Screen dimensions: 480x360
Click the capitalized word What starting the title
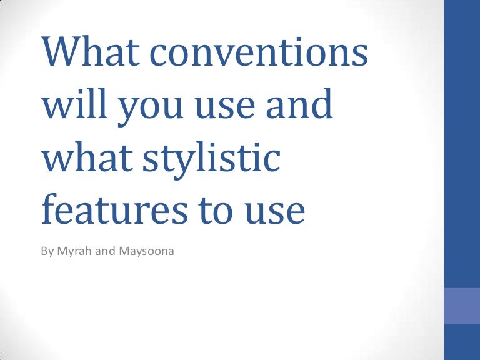[91, 51]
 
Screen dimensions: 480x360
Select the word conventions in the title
[259, 52]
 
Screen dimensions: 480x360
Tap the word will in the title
[75, 103]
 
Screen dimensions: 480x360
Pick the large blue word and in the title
[299, 103]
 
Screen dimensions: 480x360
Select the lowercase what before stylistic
[87, 156]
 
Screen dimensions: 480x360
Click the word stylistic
[212, 159]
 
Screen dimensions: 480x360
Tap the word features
[114, 209]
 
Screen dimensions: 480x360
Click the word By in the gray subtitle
[47, 252]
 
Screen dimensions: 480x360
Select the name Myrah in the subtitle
[74, 252]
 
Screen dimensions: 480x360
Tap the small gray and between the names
[105, 251]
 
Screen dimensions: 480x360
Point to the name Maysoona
[146, 252]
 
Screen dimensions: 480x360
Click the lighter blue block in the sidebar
[462, 306]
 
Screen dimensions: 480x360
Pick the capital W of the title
[61, 51]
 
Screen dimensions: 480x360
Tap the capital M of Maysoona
[123, 251]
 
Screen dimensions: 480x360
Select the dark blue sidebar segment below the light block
[462, 342]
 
